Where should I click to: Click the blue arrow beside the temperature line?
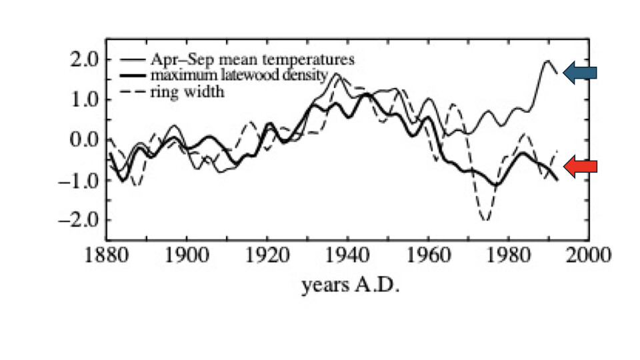pyautogui.click(x=579, y=73)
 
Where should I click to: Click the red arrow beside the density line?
pyautogui.click(x=579, y=167)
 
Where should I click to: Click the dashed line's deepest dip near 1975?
pyautogui.click(x=485, y=220)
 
